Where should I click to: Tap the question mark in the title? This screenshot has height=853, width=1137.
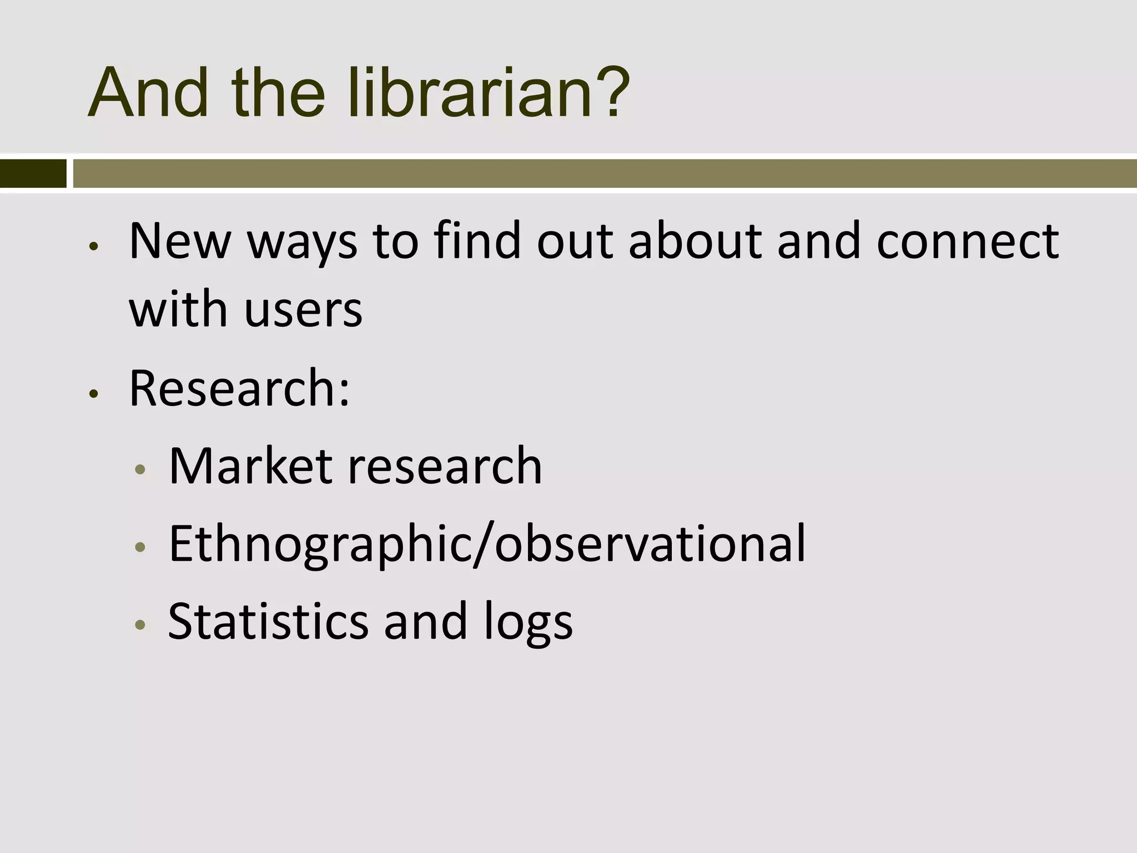click(x=611, y=93)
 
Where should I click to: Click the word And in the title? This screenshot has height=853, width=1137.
click(x=148, y=93)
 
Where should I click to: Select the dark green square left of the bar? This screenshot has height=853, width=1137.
click(x=33, y=173)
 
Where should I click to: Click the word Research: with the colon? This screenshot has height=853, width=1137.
click(x=240, y=388)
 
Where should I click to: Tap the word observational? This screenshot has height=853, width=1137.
click(x=650, y=544)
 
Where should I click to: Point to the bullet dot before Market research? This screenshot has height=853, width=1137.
click(x=140, y=469)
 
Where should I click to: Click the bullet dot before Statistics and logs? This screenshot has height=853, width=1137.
click(x=140, y=625)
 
